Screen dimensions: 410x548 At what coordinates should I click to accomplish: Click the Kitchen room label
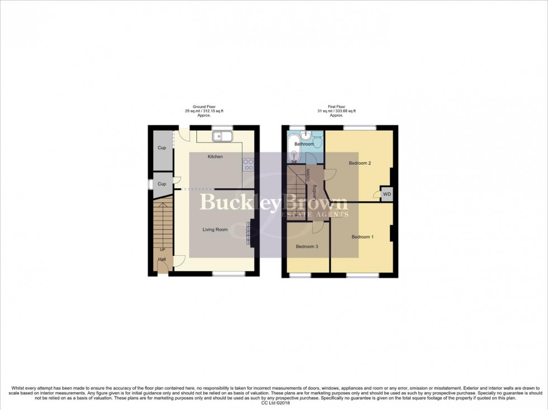coord(215,156)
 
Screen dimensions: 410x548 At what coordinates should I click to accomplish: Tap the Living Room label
coord(215,229)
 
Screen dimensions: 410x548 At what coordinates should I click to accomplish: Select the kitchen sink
coord(223,136)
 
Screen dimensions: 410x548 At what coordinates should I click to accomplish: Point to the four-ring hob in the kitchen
coord(248,164)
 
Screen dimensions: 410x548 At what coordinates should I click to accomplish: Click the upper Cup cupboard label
coord(162,148)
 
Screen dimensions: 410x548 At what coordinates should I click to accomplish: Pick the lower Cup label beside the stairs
coord(162,184)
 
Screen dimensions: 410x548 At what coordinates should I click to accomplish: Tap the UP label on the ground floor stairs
coord(163,249)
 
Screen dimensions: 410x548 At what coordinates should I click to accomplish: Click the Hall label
coord(162,260)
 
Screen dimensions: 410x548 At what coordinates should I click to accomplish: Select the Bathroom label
coord(304,144)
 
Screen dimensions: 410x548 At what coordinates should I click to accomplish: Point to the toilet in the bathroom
coord(318,142)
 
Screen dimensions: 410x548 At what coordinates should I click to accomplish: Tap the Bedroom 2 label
coord(360,163)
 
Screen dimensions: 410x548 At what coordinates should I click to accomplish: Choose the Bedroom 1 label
coord(362,237)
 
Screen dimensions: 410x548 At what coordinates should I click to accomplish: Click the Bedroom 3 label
coord(307,246)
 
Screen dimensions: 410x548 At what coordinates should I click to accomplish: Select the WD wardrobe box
coord(386,194)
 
